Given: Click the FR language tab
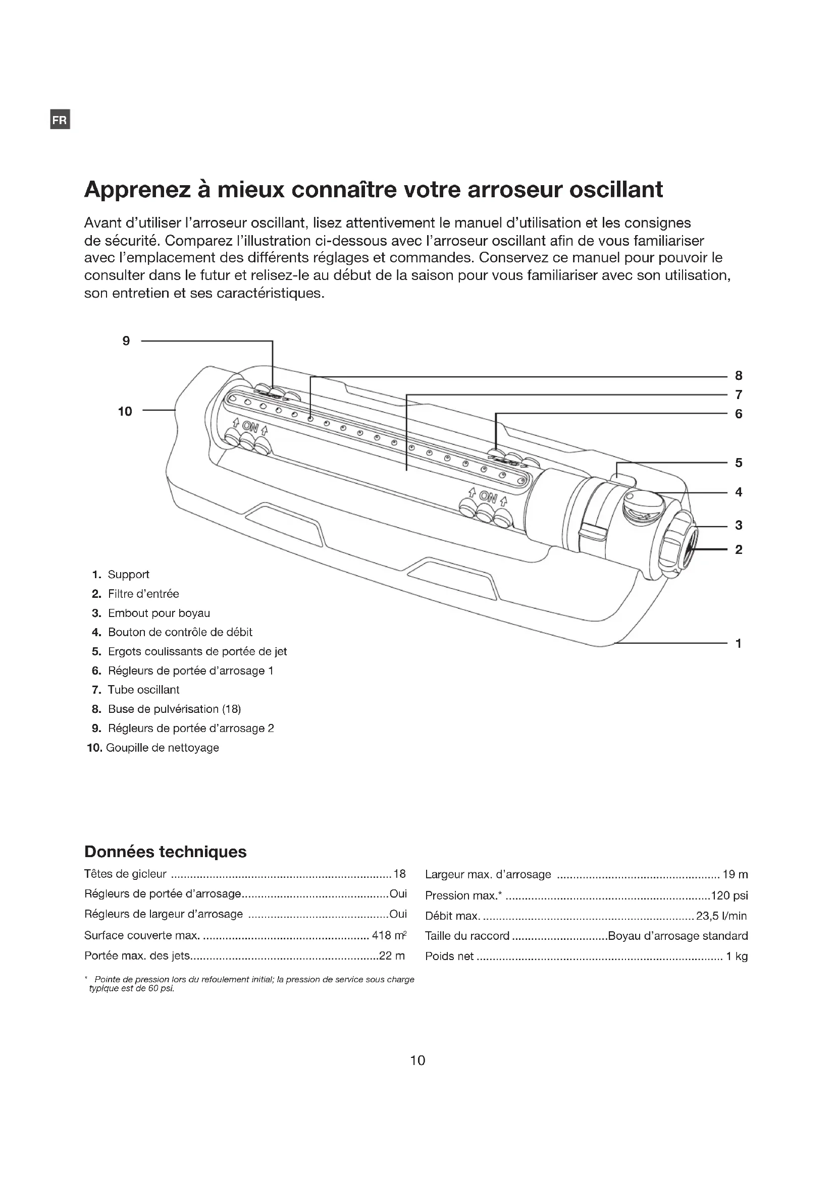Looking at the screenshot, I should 60,120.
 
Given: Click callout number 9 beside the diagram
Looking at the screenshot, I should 126,341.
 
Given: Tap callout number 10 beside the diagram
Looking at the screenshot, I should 125,411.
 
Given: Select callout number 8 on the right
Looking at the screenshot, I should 739,376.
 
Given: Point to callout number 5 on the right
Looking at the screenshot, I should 739,463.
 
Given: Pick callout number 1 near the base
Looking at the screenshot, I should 739,643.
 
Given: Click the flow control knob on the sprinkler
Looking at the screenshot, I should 643,506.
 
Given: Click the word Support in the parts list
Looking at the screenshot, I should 129,575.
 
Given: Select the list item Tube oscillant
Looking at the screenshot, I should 143,690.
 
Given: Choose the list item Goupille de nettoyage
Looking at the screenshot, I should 163,748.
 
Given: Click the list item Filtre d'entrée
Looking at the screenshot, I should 143,594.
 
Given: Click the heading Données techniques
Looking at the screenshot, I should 165,852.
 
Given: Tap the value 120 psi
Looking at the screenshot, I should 729,896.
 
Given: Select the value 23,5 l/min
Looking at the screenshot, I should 721,916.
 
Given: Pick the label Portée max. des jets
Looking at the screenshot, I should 137,956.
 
